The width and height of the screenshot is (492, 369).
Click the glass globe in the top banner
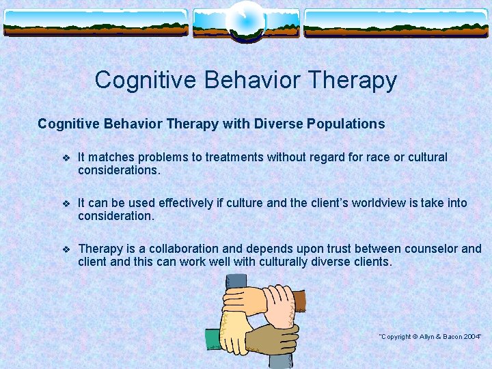point(245,20)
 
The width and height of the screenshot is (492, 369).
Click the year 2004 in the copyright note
point(471,337)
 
